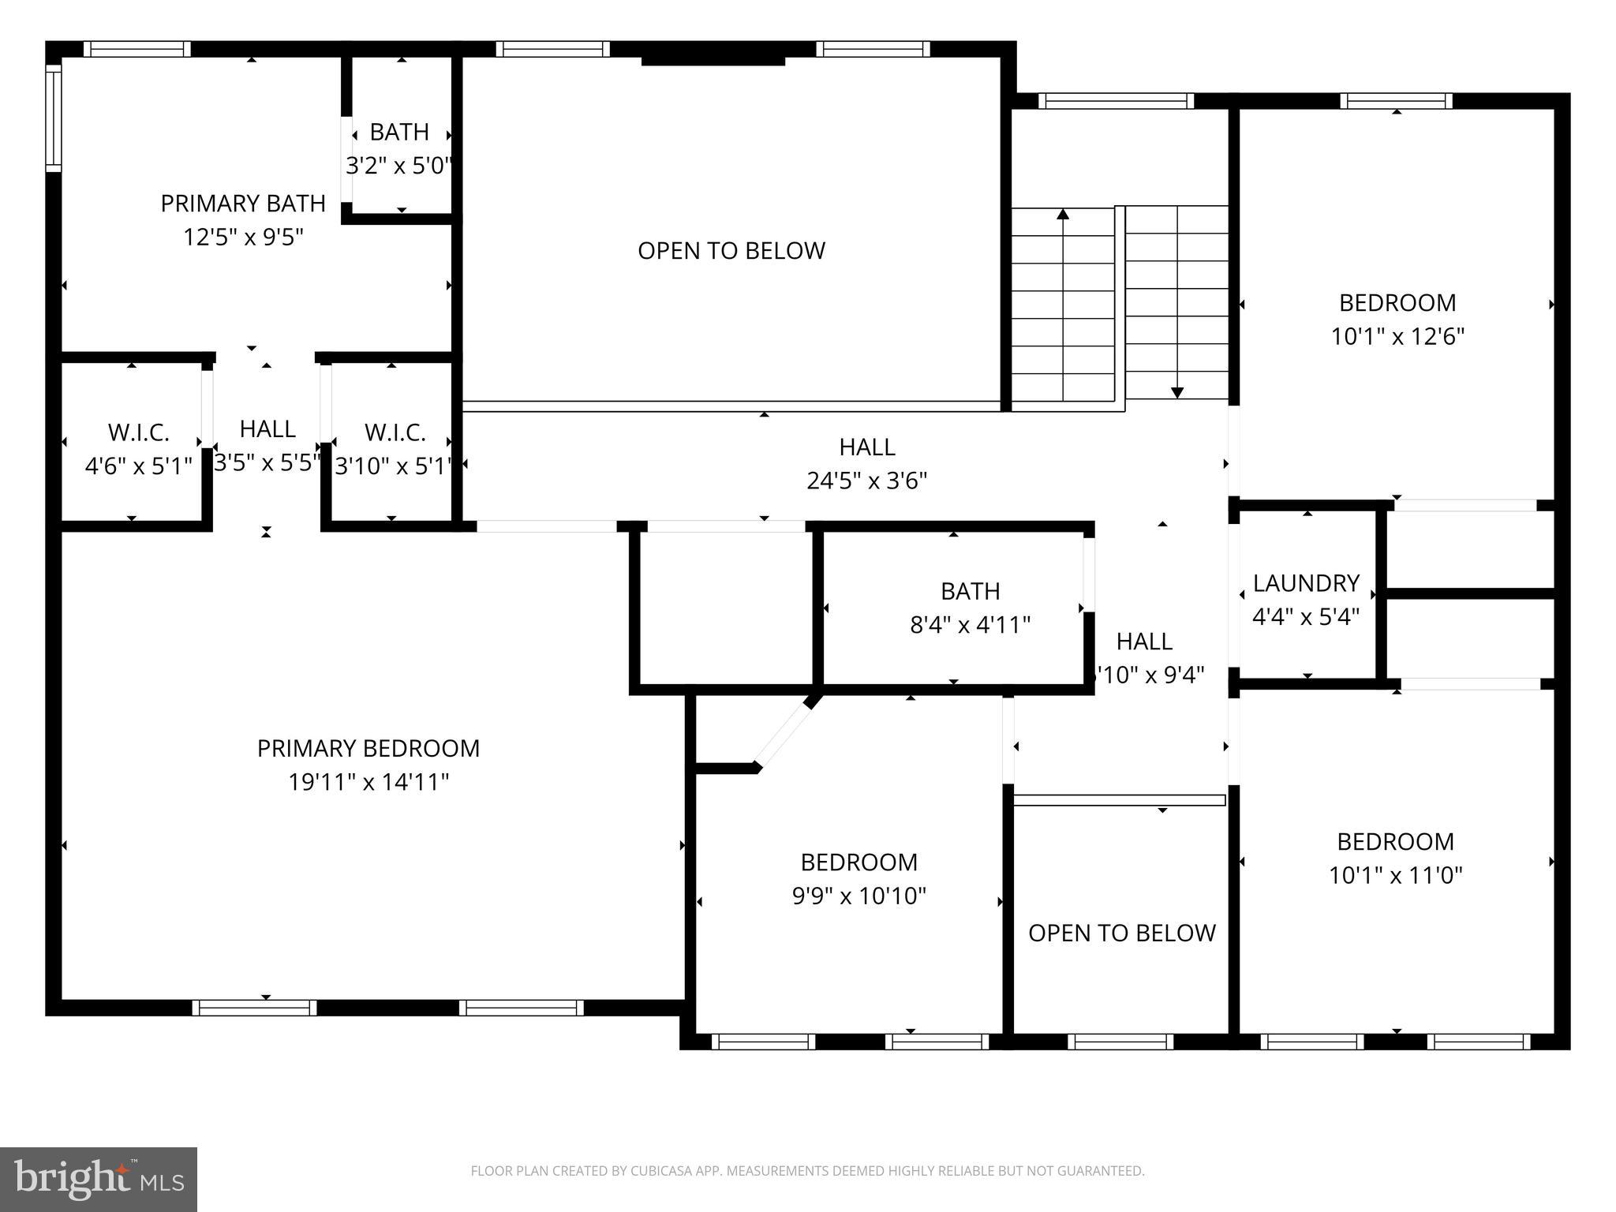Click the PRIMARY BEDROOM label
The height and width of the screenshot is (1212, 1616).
tap(368, 748)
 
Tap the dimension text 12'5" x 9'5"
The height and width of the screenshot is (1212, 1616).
tap(243, 237)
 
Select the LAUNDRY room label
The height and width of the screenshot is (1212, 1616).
tap(1306, 583)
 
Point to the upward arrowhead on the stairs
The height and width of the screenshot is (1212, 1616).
tap(1063, 214)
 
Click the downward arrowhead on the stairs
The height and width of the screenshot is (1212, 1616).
tap(1177, 392)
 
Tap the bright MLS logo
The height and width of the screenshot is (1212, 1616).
tap(98, 1179)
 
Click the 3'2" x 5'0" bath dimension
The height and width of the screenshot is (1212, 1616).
tap(399, 166)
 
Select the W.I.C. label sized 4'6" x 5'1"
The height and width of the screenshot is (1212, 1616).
tap(138, 432)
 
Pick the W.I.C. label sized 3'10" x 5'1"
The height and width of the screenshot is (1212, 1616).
tap(395, 432)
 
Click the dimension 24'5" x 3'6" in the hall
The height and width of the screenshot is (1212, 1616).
tap(866, 481)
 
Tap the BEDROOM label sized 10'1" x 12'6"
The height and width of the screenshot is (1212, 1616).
tap(1397, 302)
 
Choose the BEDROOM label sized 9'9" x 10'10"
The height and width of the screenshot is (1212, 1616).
tap(858, 862)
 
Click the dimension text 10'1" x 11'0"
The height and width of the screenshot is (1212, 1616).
tap(1395, 875)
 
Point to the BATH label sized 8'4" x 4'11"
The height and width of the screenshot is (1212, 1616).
tap(970, 591)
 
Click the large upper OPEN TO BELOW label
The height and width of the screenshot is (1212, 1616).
tap(731, 251)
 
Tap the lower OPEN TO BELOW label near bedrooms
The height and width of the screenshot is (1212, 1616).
tap(1121, 933)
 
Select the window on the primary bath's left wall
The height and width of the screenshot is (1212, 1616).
tap(54, 118)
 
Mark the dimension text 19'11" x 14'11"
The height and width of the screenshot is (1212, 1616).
tap(368, 782)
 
